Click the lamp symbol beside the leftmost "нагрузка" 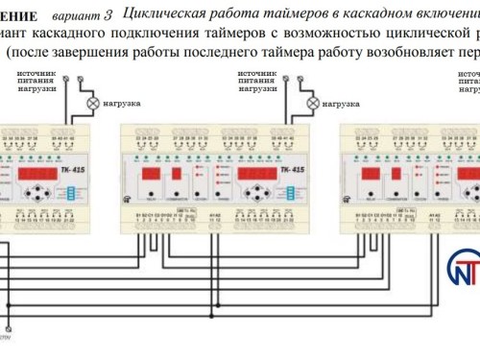click(x=92, y=103)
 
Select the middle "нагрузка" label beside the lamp click(x=340, y=103)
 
